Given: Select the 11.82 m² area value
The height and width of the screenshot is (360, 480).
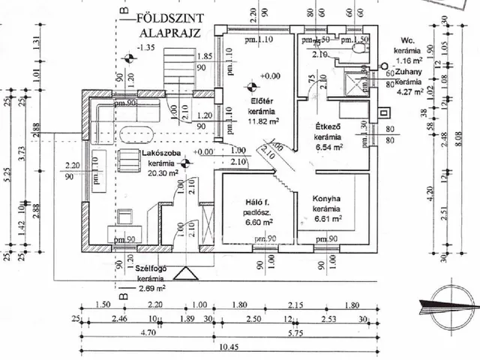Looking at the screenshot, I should pyautogui.click(x=263, y=121).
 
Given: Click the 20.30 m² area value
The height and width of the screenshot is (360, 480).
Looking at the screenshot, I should pyautogui.click(x=162, y=173).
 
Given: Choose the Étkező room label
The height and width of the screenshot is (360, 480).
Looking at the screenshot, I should pyautogui.click(x=325, y=129).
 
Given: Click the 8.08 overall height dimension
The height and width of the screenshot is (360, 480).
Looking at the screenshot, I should pyautogui.click(x=457, y=138).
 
